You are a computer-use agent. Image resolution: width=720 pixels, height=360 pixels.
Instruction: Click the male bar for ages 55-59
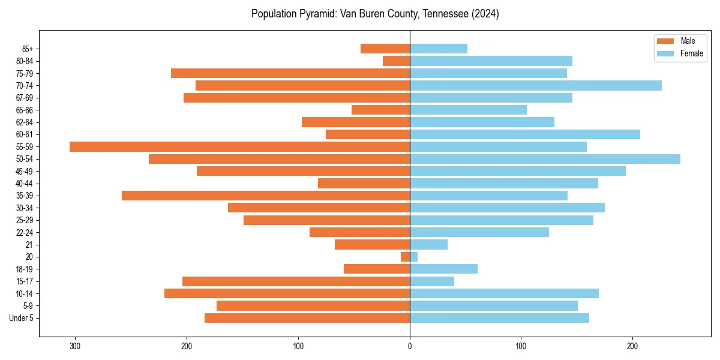pos(239,146)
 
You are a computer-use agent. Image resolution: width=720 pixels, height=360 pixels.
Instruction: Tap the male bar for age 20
pos(406,257)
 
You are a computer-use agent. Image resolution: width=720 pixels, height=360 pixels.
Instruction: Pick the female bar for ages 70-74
pos(536,86)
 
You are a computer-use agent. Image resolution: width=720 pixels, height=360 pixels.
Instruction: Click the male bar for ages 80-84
pos(397,61)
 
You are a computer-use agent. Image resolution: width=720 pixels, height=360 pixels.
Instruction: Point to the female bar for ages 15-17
pos(432,281)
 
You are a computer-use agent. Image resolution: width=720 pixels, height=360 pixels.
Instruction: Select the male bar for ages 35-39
pos(266,196)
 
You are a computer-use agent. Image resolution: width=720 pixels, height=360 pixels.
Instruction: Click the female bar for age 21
pos(428,244)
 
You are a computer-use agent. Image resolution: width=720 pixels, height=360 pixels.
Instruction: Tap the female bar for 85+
pos(439,49)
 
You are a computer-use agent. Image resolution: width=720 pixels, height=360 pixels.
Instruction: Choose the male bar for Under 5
pos(307,318)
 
